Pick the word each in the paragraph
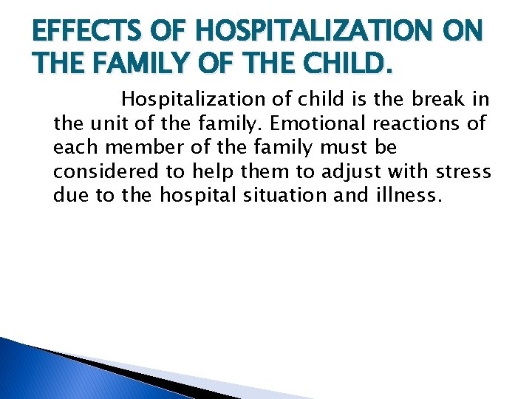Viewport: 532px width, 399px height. click(70, 147)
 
